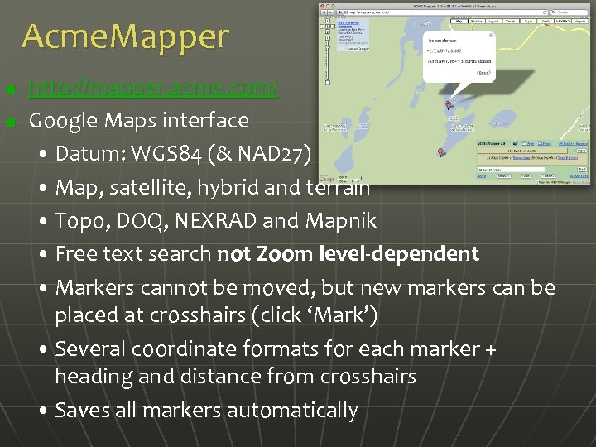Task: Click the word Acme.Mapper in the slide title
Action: pos(125,36)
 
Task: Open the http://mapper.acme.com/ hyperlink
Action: pos(153,87)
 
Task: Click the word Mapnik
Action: pos(342,221)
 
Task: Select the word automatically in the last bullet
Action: pos(292,411)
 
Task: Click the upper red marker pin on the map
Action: pos(449,105)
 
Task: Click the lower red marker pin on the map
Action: pos(440,152)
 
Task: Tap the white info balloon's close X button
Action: pos(490,36)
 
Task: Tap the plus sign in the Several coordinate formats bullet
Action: pos(490,349)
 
